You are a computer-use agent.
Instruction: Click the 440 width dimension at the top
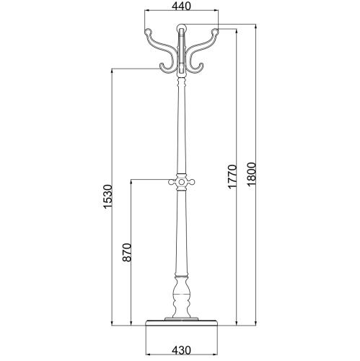click(x=181, y=6)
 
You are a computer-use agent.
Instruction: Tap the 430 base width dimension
click(x=181, y=350)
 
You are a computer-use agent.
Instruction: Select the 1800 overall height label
click(x=251, y=174)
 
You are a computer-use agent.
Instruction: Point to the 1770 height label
click(x=232, y=176)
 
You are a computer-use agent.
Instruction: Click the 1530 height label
click(x=107, y=196)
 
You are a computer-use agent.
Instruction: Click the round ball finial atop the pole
click(x=182, y=28)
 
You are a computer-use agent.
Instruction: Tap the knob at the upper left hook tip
click(x=148, y=32)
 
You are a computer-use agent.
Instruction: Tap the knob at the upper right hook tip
click(x=215, y=32)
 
